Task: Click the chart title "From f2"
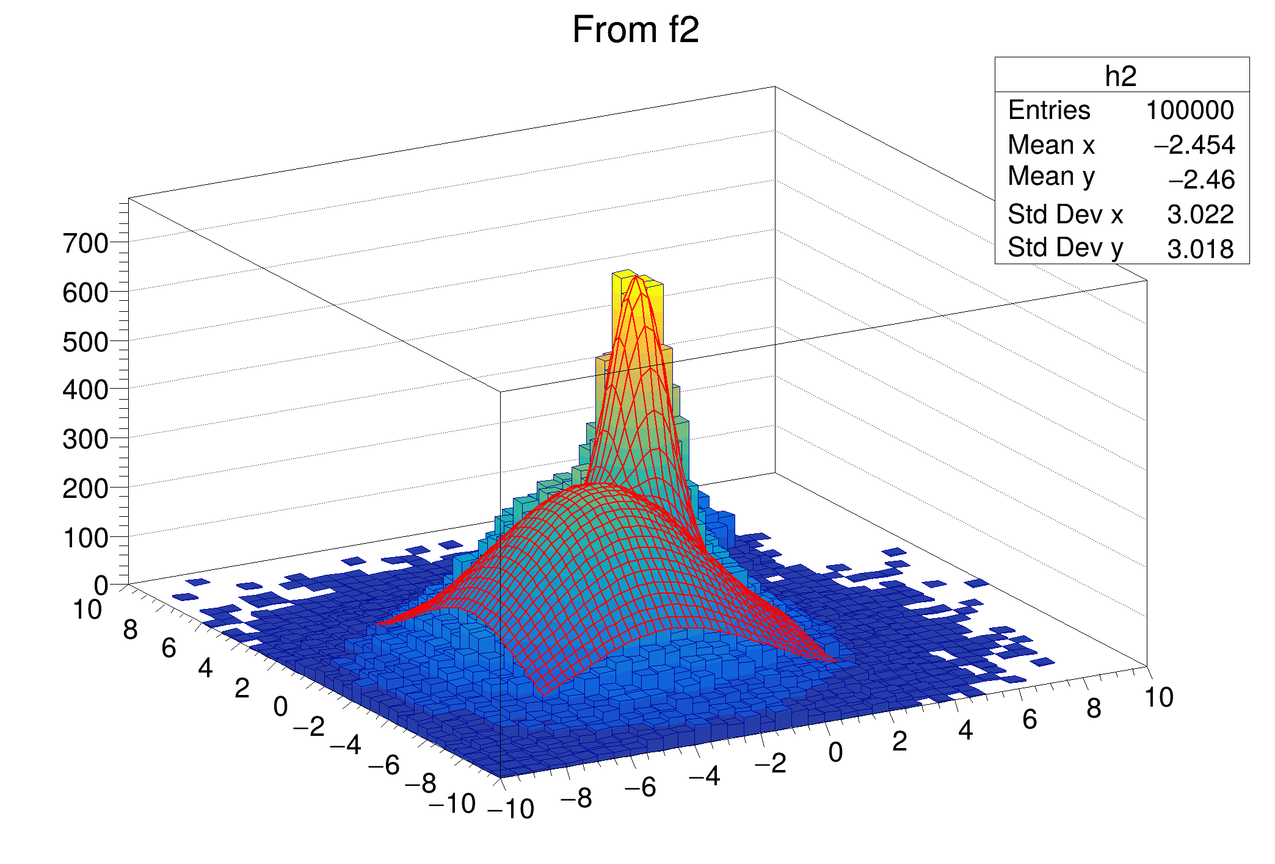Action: tap(635, 29)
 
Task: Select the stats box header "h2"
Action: tap(1121, 76)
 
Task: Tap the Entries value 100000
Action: tap(1190, 110)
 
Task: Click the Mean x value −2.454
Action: tap(1194, 145)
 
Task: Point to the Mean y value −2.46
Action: tap(1201, 180)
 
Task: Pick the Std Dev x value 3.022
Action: tap(1200, 215)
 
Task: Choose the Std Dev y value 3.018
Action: tap(1200, 249)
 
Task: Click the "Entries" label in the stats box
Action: tap(1048, 110)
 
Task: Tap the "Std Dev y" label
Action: tap(1065, 248)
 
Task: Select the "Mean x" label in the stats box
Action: tap(1051, 145)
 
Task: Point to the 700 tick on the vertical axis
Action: tap(85, 244)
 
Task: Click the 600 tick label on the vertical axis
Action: tap(85, 293)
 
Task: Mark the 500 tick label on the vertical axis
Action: tap(85, 342)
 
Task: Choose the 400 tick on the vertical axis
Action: tap(85, 390)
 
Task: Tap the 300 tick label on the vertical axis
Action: tap(85, 439)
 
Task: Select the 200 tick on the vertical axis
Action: tap(85, 489)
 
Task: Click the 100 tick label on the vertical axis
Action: tap(85, 538)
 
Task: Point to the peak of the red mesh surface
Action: tap(636, 278)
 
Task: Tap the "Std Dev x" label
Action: tap(1065, 214)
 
